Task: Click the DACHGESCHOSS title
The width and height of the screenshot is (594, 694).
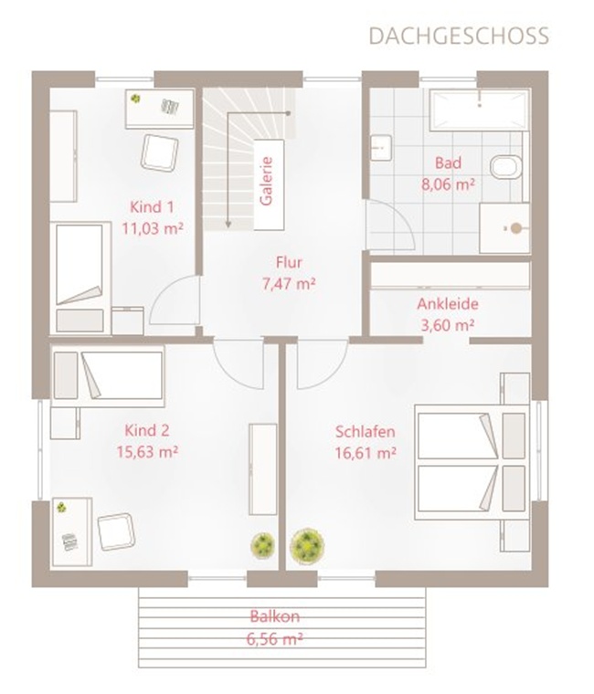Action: pyautogui.click(x=459, y=37)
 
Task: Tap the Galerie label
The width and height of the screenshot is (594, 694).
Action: pyautogui.click(x=266, y=182)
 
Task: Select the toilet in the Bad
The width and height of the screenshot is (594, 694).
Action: pyautogui.click(x=506, y=167)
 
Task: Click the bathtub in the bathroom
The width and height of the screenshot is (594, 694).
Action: pyautogui.click(x=480, y=110)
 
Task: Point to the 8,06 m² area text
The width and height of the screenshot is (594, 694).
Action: pyautogui.click(x=449, y=184)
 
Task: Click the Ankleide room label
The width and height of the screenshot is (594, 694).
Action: pyautogui.click(x=448, y=304)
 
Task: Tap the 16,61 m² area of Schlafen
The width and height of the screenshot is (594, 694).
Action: pyautogui.click(x=366, y=453)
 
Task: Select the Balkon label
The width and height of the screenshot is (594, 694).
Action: pyautogui.click(x=275, y=616)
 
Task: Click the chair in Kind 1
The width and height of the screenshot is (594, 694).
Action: pyautogui.click(x=159, y=152)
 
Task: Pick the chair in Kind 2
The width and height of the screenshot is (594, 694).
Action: pyautogui.click(x=116, y=531)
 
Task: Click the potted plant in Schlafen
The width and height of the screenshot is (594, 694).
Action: pyautogui.click(x=307, y=544)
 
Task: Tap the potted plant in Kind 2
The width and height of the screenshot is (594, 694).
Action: pyautogui.click(x=263, y=545)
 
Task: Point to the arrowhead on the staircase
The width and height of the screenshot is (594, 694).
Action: pyautogui.click(x=228, y=225)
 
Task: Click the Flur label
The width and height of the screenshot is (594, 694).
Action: pyautogui.click(x=289, y=262)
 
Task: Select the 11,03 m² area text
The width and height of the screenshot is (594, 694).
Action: pyautogui.click(x=153, y=229)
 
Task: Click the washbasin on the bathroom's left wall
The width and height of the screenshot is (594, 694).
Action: pyautogui.click(x=381, y=147)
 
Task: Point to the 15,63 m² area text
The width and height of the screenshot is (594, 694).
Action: pyautogui.click(x=147, y=452)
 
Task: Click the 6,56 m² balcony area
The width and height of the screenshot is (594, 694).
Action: pyautogui.click(x=275, y=639)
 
